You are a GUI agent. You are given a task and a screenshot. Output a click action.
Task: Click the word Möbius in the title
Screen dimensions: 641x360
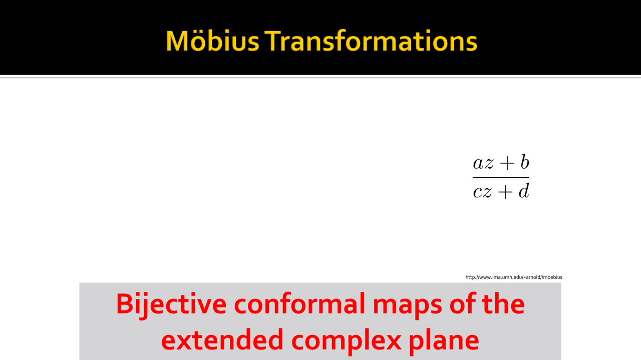(x=212, y=41)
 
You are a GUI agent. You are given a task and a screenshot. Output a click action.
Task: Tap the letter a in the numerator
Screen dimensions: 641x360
(x=478, y=163)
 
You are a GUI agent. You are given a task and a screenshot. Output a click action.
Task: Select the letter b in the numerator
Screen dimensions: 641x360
(x=525, y=162)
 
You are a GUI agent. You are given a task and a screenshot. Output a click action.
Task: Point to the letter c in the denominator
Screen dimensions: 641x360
(x=478, y=192)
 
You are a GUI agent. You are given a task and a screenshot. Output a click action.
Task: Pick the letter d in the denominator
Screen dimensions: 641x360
(x=524, y=191)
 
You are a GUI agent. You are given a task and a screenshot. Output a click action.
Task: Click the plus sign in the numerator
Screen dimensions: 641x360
(x=507, y=163)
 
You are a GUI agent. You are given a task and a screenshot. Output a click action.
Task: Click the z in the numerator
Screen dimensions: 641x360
(x=489, y=163)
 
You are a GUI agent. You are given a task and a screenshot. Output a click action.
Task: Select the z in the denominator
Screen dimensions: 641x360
(x=488, y=192)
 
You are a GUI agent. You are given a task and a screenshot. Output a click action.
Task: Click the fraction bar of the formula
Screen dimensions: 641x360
(x=501, y=177)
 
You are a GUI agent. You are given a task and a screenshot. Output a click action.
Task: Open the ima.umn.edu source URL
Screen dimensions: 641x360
(x=514, y=277)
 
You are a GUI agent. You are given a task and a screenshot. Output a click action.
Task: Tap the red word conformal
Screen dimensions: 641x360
(x=299, y=304)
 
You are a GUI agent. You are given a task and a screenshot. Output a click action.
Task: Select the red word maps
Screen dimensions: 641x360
(x=407, y=307)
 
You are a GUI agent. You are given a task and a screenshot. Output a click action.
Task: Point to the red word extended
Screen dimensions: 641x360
(x=222, y=339)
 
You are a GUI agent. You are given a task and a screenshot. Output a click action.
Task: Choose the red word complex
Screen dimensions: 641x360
(x=346, y=342)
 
